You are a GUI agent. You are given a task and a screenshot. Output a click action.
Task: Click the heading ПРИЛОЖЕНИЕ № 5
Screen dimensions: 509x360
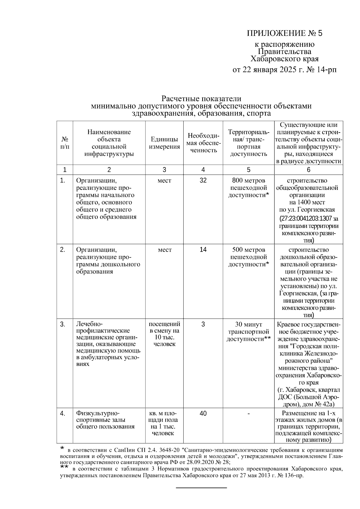click(284, 33)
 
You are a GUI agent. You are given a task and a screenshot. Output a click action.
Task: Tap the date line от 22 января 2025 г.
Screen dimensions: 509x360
click(284, 70)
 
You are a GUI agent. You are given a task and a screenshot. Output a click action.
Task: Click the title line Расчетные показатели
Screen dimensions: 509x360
click(201, 99)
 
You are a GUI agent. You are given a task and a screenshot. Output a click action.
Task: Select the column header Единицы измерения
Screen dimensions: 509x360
click(164, 143)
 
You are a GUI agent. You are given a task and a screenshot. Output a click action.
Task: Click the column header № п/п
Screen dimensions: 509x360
click(64, 143)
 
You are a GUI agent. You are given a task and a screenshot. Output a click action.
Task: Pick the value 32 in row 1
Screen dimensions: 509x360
click(203, 181)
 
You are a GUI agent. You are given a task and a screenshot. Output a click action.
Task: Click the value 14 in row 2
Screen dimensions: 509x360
click(203, 250)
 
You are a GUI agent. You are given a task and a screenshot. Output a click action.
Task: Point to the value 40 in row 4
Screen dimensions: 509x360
click(203, 414)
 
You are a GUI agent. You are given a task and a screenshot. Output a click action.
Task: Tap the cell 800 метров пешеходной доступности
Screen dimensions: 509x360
click(248, 188)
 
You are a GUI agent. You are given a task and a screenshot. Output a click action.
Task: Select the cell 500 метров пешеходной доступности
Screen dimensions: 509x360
click(248, 257)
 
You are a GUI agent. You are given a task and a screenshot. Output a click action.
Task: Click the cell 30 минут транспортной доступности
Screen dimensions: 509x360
click(248, 332)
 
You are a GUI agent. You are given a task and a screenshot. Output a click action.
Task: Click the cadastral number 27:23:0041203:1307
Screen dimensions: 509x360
click(305, 219)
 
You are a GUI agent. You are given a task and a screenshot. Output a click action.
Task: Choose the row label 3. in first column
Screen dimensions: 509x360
click(63, 324)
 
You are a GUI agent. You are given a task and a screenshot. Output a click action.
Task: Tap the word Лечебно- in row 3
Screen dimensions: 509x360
click(89, 324)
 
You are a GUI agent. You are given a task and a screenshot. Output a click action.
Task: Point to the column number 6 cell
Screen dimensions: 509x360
click(308, 170)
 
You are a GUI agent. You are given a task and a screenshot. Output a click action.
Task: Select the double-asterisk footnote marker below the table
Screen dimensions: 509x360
click(64, 467)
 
